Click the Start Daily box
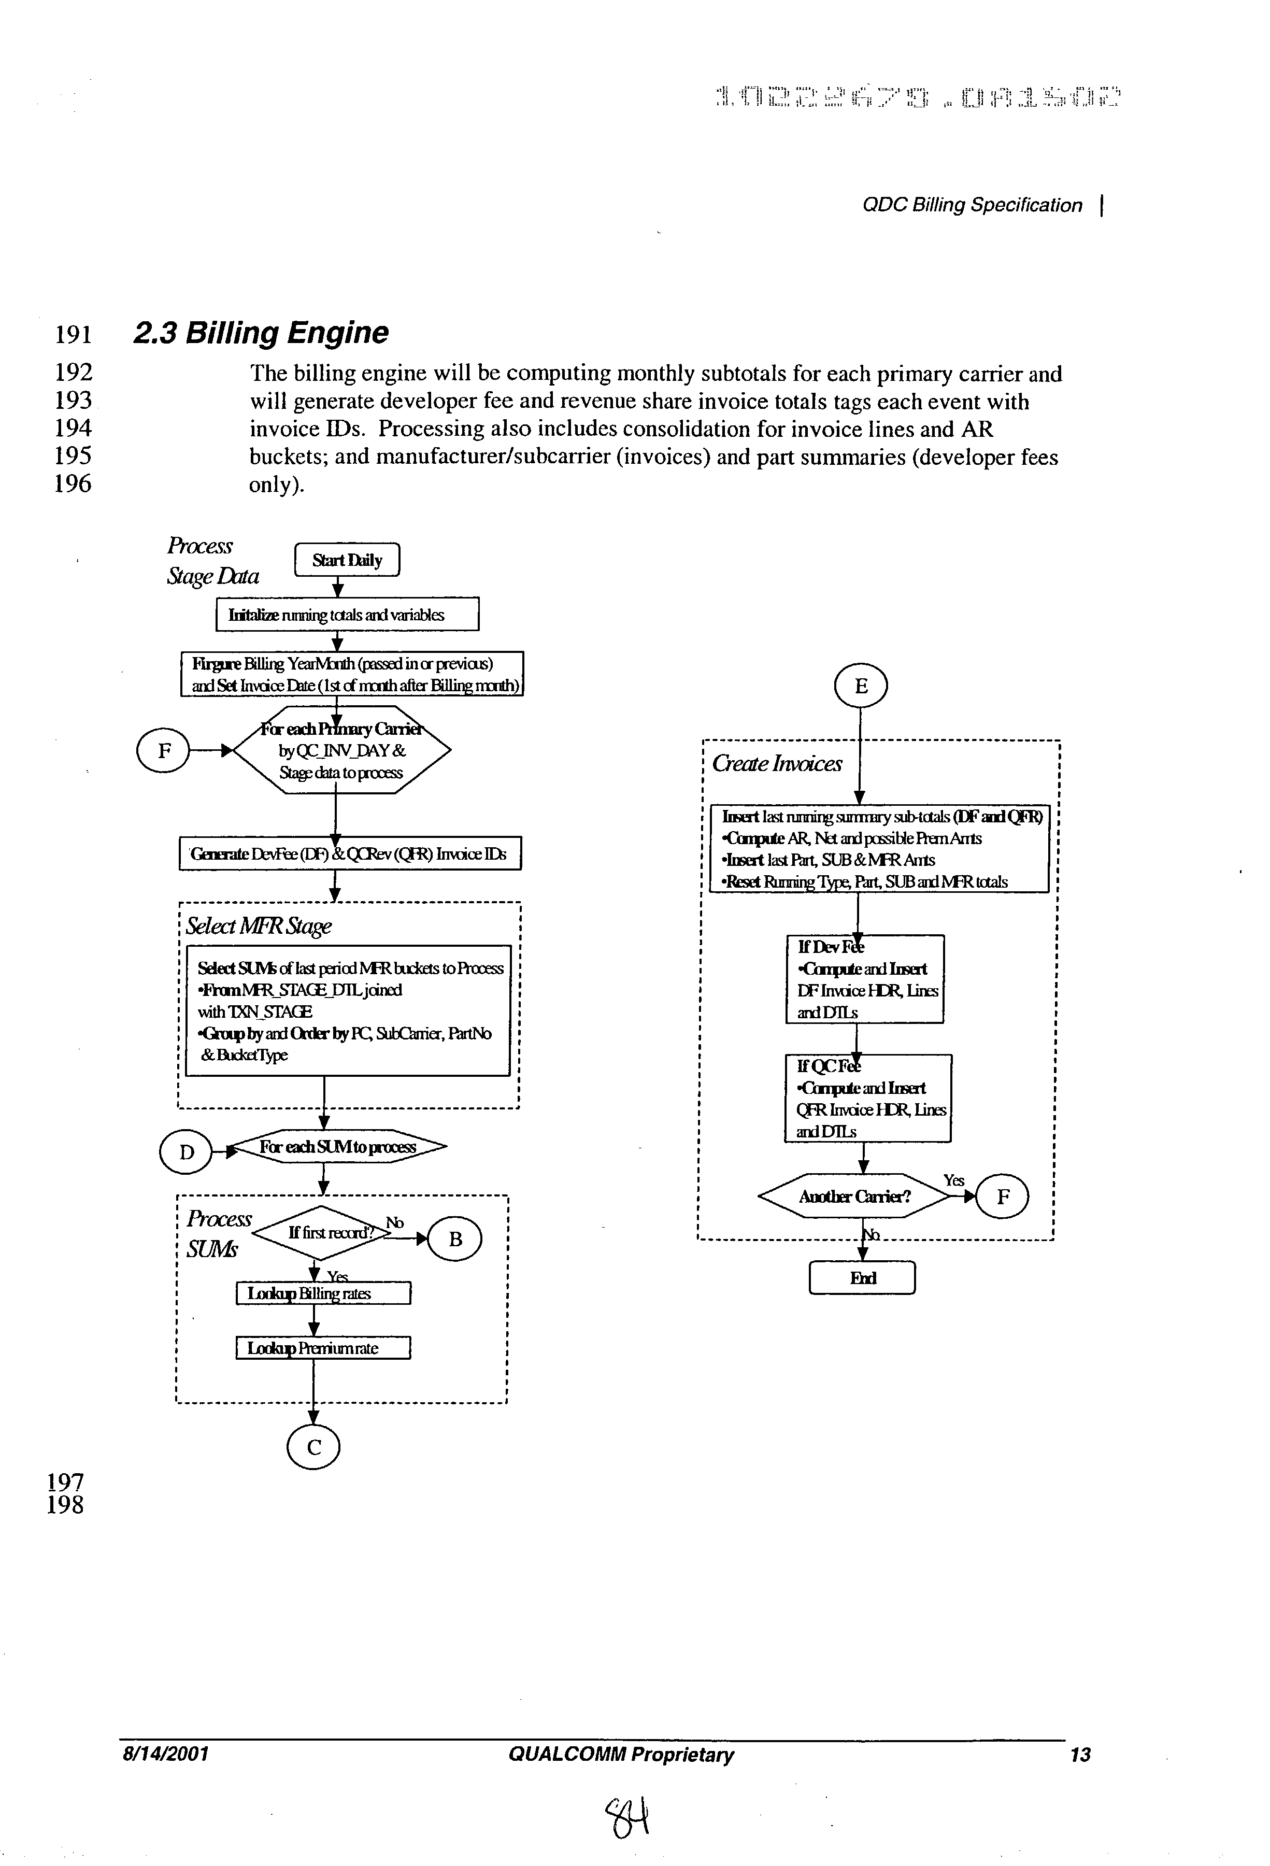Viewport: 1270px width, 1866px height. (x=347, y=560)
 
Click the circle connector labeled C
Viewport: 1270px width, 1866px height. (x=313, y=1447)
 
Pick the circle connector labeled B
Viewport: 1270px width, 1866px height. (x=455, y=1239)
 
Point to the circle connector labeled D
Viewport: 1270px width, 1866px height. (x=186, y=1152)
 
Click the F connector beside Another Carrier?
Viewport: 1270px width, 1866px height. (x=1002, y=1196)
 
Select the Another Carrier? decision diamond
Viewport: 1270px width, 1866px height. (x=854, y=1196)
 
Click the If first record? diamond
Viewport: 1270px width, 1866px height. (x=330, y=1232)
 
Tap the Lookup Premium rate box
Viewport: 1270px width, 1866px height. (x=323, y=1347)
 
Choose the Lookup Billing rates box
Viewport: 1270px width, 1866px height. (x=323, y=1293)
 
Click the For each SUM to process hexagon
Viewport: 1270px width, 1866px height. (x=337, y=1147)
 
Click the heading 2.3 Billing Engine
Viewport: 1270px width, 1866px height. (x=260, y=332)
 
